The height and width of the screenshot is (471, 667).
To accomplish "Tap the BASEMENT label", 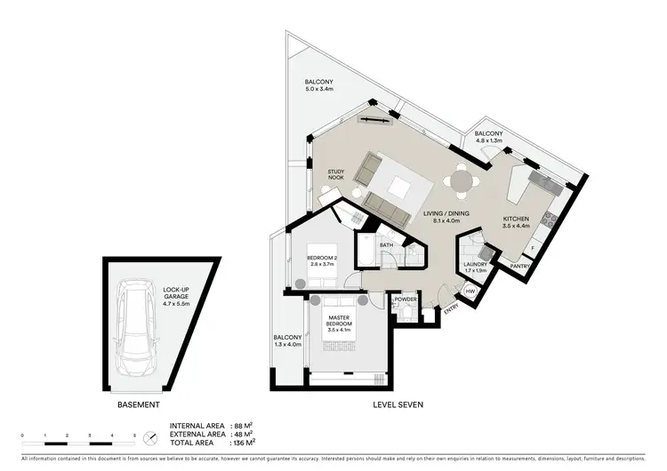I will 139,404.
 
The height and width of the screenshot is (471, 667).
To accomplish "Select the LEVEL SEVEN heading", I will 397,404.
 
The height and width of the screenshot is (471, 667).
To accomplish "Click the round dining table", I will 462,181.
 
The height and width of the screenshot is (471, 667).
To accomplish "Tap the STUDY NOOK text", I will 335,175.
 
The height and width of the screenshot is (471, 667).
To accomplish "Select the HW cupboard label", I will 470,290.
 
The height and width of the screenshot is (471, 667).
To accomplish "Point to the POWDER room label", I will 406,299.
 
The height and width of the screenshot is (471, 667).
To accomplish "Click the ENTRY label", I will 451,307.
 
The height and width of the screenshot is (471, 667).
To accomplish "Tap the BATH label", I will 386,244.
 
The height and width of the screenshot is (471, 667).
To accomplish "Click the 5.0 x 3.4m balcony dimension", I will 317,90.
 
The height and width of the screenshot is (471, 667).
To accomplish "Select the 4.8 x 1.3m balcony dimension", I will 489,140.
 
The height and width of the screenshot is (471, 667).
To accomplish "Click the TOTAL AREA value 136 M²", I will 242,442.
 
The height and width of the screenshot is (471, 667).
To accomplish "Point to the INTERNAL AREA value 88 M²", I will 242,426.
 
